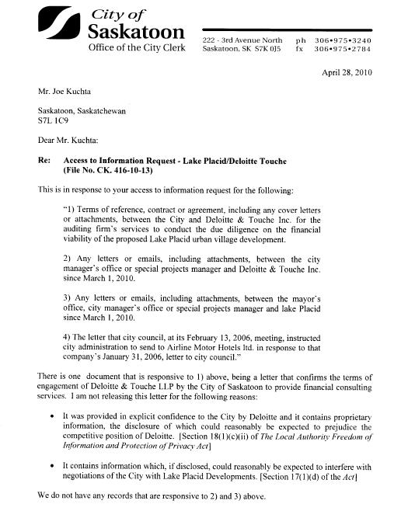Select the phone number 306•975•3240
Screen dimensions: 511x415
[x=343, y=40]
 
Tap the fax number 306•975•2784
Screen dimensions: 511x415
[x=343, y=49]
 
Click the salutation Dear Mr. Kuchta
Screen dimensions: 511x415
[x=68, y=140]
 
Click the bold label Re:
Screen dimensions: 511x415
[x=44, y=161]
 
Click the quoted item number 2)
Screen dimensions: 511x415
[x=66, y=257]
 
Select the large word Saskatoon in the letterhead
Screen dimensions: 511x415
[x=136, y=32]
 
